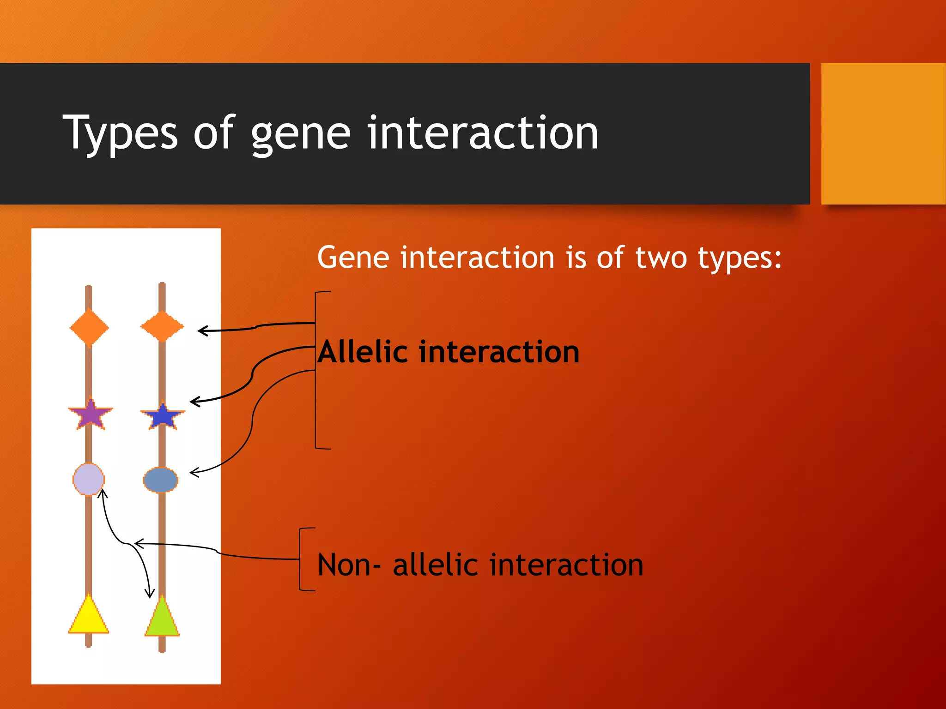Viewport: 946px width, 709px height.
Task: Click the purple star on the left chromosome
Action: tap(91, 414)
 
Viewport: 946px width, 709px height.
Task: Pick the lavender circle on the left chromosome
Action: tap(89, 479)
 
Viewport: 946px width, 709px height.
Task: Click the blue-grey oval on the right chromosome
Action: tap(161, 480)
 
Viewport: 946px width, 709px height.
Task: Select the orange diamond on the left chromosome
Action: tap(89, 328)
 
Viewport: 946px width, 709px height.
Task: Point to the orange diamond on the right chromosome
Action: tap(162, 326)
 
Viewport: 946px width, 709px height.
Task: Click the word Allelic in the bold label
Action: tap(363, 352)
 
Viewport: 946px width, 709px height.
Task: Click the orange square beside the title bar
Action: tap(883, 133)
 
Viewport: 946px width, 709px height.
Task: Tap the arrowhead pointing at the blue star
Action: tap(194, 402)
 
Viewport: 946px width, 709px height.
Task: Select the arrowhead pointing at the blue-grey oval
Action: tap(194, 472)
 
